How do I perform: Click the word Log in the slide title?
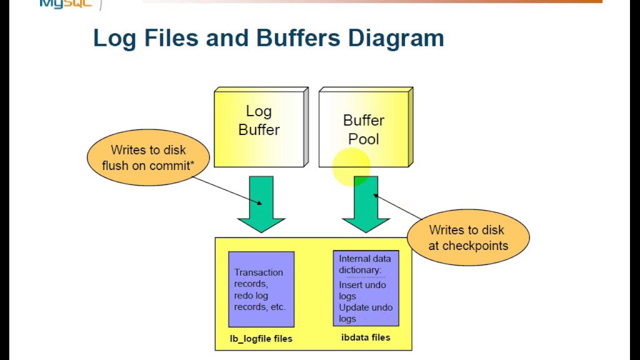[114, 38]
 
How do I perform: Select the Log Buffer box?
[259, 128]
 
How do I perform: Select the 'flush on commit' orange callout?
[148, 158]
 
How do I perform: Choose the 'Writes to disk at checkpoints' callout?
[468, 238]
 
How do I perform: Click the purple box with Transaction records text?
[261, 289]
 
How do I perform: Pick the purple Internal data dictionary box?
[366, 288]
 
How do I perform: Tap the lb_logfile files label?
[261, 338]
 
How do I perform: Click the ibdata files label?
[365, 337]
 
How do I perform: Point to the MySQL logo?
[65, 4]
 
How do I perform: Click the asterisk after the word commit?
[192, 163]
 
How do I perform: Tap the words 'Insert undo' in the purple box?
[362, 285]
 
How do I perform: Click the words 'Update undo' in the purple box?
[365, 307]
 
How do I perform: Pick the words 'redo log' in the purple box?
[251, 295]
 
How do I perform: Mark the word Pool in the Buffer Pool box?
[363, 139]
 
